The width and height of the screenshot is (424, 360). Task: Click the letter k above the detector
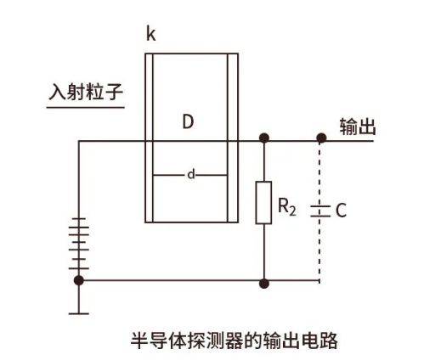point(151,34)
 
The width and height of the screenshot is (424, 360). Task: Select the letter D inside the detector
point(188,122)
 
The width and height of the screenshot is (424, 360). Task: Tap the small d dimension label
point(191,174)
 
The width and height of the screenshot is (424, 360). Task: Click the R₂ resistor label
point(287,206)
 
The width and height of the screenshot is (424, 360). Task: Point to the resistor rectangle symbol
point(263,203)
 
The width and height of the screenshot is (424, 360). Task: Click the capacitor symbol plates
point(320,211)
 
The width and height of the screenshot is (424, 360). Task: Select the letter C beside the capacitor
point(341,211)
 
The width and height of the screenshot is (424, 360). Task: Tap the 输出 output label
point(358,127)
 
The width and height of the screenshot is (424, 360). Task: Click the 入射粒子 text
point(86,92)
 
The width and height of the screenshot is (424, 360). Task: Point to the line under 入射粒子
point(86,108)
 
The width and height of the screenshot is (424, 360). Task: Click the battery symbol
point(79,244)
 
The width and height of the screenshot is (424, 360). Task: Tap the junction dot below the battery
point(79,280)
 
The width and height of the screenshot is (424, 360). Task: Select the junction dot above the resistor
point(264,138)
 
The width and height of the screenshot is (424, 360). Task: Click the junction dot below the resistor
point(264,284)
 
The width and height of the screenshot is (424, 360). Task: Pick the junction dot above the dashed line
point(321,138)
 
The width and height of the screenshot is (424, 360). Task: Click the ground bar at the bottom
point(79,313)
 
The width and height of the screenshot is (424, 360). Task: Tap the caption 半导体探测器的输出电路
point(234,340)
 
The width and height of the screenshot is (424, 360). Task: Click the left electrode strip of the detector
point(149,138)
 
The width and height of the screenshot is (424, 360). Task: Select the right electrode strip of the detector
point(233,138)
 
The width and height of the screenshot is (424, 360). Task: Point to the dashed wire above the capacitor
point(320,174)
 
